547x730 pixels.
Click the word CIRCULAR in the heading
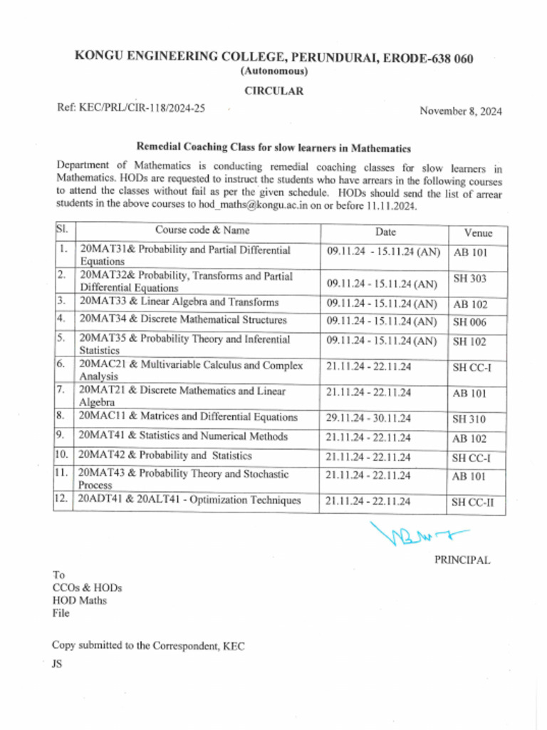(x=274, y=91)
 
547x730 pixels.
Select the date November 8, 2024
(x=460, y=110)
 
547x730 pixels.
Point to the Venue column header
(x=477, y=233)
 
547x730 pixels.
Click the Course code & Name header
(x=202, y=230)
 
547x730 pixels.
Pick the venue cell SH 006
(x=469, y=322)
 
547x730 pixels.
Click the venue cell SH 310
(x=469, y=419)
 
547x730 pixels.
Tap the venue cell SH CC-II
(x=473, y=503)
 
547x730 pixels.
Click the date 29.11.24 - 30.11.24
(x=368, y=418)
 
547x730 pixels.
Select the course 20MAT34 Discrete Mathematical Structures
(x=183, y=320)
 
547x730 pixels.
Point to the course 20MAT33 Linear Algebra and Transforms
(x=179, y=302)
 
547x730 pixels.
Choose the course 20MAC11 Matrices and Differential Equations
(x=188, y=417)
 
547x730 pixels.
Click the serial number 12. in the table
(x=61, y=500)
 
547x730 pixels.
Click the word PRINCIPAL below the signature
(x=462, y=560)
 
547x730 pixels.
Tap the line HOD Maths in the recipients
(x=79, y=600)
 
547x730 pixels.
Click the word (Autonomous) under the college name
(x=274, y=71)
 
